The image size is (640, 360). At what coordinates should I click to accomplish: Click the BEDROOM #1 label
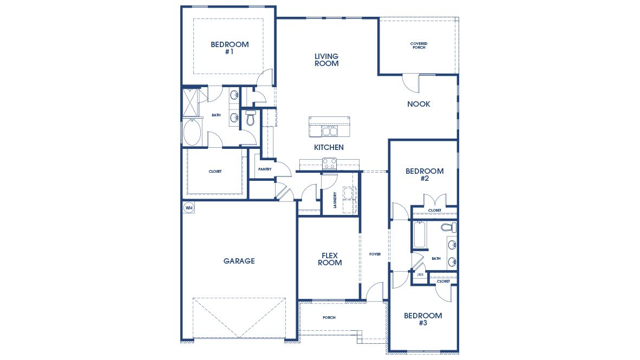[230, 48]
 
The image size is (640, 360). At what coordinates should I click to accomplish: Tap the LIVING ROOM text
[326, 60]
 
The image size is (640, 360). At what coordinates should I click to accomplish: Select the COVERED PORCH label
[418, 45]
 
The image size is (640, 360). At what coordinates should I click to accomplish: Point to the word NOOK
[419, 104]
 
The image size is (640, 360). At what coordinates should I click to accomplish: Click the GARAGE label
[239, 261]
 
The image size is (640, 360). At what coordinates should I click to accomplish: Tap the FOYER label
[375, 254]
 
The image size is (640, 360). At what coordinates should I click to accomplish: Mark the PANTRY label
[265, 169]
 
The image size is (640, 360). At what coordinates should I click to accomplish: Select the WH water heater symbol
[188, 207]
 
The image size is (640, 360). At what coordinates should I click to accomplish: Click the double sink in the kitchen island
[329, 131]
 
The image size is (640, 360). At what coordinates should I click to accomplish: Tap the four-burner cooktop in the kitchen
[329, 163]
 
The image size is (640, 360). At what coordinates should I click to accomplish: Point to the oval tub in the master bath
[192, 133]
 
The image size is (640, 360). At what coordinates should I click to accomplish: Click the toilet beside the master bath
[250, 119]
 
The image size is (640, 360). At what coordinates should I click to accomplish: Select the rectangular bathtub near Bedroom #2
[420, 235]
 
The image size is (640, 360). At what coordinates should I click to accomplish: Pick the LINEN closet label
[420, 275]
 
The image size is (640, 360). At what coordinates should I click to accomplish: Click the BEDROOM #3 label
[423, 319]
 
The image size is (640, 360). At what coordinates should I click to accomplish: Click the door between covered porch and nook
[410, 82]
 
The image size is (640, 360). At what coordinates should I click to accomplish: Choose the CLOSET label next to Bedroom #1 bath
[215, 172]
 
